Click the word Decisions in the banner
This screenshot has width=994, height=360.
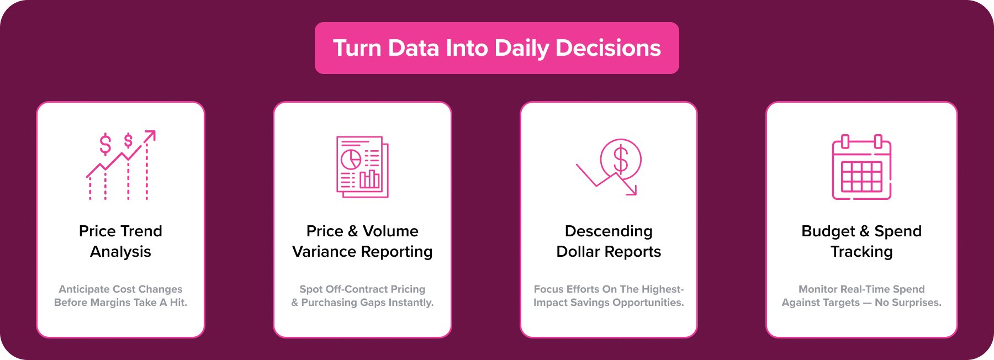(608, 48)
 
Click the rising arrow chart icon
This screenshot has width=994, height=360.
(121, 165)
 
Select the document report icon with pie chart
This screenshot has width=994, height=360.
(362, 167)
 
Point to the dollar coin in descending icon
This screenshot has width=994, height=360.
(621, 159)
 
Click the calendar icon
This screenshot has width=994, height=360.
(861, 167)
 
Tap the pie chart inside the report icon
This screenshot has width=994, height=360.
(351, 159)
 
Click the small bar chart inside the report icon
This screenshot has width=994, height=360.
(369, 179)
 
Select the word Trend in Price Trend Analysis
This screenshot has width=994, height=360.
(141, 231)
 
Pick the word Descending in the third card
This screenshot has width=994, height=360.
(609, 231)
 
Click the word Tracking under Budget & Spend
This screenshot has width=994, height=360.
(861, 252)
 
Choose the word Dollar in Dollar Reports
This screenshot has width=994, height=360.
(578, 252)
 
